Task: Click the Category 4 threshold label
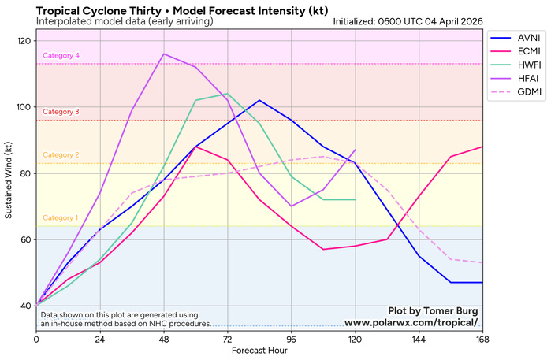point(61,55)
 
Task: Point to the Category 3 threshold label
point(61,112)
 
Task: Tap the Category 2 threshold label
point(61,155)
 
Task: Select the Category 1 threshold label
point(61,217)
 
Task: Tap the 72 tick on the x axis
point(227,339)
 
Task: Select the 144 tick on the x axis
point(419,339)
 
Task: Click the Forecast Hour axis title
point(259,351)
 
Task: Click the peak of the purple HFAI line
point(163,54)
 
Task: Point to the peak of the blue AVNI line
point(259,100)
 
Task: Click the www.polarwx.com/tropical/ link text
point(411,322)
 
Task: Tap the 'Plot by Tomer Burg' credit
point(433,310)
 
